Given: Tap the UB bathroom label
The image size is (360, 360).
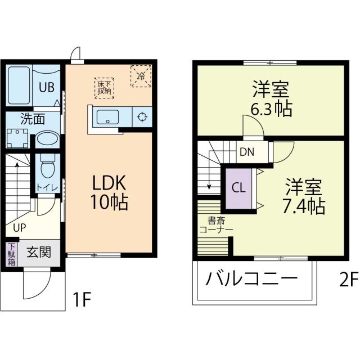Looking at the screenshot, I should point(46,87).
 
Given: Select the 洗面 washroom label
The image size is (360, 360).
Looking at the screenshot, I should point(33,119).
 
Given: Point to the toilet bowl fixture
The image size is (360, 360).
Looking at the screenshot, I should point(47,165).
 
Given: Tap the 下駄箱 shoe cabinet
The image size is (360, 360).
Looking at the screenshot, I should point(12,254).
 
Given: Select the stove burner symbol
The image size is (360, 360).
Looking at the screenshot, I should point(142,118).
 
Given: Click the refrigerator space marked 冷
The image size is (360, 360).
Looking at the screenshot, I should point(141,75).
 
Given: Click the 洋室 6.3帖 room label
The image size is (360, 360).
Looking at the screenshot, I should point(272,98).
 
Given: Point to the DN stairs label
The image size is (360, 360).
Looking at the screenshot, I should point(246,151).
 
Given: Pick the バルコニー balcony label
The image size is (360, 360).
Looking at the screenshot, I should point(251,279).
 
